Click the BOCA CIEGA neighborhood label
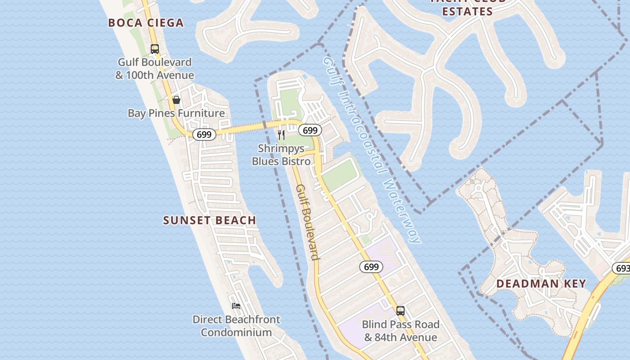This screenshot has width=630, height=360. click(146, 23)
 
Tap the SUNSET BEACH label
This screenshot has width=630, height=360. click(210, 220)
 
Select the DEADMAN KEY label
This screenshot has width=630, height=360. click(541, 283)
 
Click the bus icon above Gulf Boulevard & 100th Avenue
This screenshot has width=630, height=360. click(155, 49)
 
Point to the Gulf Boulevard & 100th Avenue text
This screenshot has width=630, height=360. click(155, 68)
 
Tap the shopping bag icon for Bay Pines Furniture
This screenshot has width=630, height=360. click(176, 100)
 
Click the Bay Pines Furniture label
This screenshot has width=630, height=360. click(176, 113)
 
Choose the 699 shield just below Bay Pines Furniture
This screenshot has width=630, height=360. click(204, 134)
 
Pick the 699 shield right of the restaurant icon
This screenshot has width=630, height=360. click(310, 130)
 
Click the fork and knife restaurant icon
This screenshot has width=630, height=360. click(281, 135)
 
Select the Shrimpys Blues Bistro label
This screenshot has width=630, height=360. click(281, 154)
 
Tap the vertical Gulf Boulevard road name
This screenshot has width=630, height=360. click(308, 222)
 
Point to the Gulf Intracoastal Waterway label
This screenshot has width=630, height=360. click(371, 150)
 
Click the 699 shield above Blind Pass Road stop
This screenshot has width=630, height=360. click(371, 267)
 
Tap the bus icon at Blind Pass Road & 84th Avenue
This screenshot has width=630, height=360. click(400, 311)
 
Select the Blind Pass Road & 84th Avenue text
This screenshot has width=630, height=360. click(400, 331)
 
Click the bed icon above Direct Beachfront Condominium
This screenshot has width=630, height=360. click(236, 306)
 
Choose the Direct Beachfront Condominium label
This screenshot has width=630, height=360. click(236, 326)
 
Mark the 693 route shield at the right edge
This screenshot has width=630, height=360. click(622, 268)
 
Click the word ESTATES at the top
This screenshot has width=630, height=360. click(468, 12)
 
